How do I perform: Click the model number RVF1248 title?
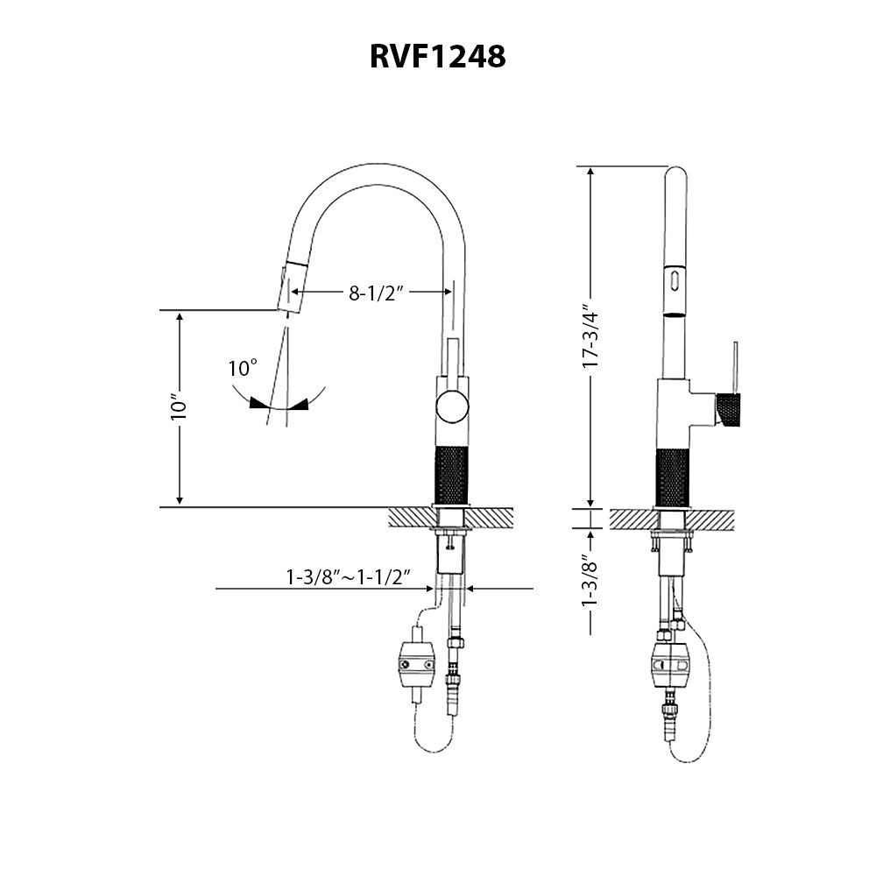point(437,57)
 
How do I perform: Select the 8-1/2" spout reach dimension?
point(376,293)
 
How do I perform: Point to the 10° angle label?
point(243,368)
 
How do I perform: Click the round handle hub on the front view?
point(452,408)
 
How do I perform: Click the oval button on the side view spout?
point(674,281)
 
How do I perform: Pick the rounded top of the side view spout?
point(673,173)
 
